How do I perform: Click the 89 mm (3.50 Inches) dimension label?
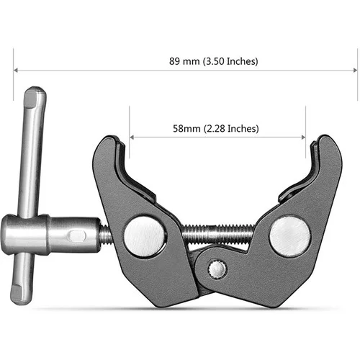(x=214, y=61)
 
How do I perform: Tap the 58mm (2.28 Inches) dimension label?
(x=216, y=129)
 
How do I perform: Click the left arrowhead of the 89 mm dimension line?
(x=16, y=70)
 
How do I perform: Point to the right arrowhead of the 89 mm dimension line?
(x=355, y=70)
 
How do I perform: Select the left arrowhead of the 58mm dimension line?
(x=132, y=138)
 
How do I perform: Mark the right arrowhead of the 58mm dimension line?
(x=303, y=138)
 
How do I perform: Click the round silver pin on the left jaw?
(x=145, y=236)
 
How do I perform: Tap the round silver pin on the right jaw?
(x=289, y=236)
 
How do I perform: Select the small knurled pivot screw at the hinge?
(x=217, y=269)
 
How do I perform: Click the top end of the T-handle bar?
(x=35, y=91)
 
